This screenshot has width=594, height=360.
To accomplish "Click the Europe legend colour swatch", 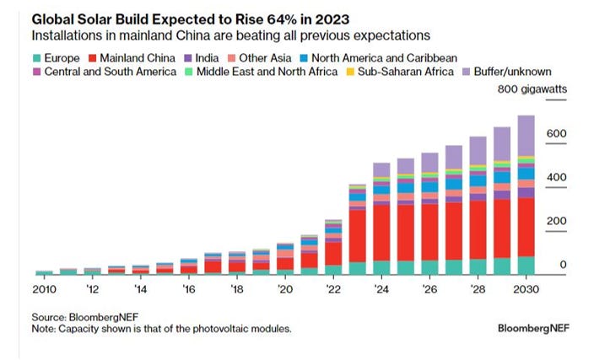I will [x=37, y=58].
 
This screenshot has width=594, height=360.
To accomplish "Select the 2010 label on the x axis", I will [x=44, y=288].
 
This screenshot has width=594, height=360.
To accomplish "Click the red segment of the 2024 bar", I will [x=381, y=232].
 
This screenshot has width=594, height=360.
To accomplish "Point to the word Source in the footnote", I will [x=49, y=317].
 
